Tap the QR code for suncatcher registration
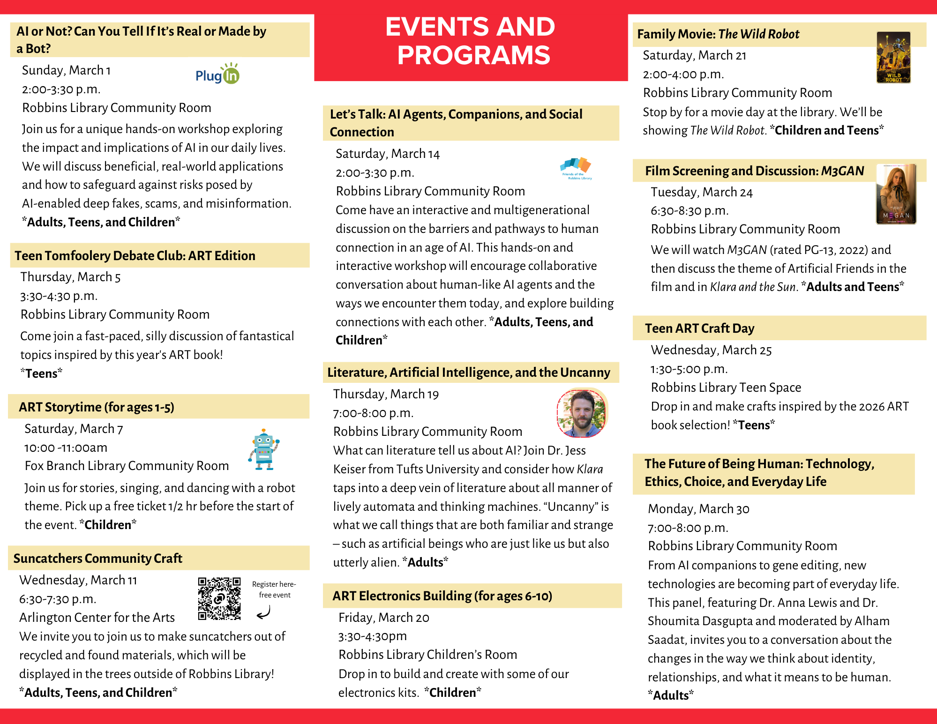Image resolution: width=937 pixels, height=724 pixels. point(219,598)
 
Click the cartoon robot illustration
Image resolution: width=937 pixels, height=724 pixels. point(263,449)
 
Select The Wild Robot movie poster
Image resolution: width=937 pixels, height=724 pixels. point(893,57)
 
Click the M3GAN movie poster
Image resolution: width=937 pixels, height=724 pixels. point(896,194)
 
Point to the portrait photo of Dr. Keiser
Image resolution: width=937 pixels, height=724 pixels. point(581,413)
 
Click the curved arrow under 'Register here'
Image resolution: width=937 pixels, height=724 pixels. point(264,612)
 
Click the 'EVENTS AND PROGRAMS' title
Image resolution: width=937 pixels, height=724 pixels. point(471,41)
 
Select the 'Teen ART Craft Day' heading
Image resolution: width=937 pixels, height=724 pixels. point(699,328)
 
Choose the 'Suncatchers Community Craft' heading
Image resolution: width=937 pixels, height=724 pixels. point(97,558)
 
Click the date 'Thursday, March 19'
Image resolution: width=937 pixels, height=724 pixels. point(386,394)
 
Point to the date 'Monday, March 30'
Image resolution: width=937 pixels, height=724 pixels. point(698,509)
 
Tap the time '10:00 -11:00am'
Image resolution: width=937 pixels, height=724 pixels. point(66,448)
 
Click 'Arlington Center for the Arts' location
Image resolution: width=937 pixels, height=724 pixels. point(97,618)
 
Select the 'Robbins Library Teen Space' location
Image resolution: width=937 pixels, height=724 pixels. point(726,388)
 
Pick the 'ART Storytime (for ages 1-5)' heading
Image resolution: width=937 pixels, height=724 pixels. point(97,407)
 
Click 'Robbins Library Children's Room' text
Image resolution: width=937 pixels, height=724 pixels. point(427,655)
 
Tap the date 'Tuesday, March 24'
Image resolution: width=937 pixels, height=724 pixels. point(701,192)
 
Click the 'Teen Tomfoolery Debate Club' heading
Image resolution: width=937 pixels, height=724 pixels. point(135,255)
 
